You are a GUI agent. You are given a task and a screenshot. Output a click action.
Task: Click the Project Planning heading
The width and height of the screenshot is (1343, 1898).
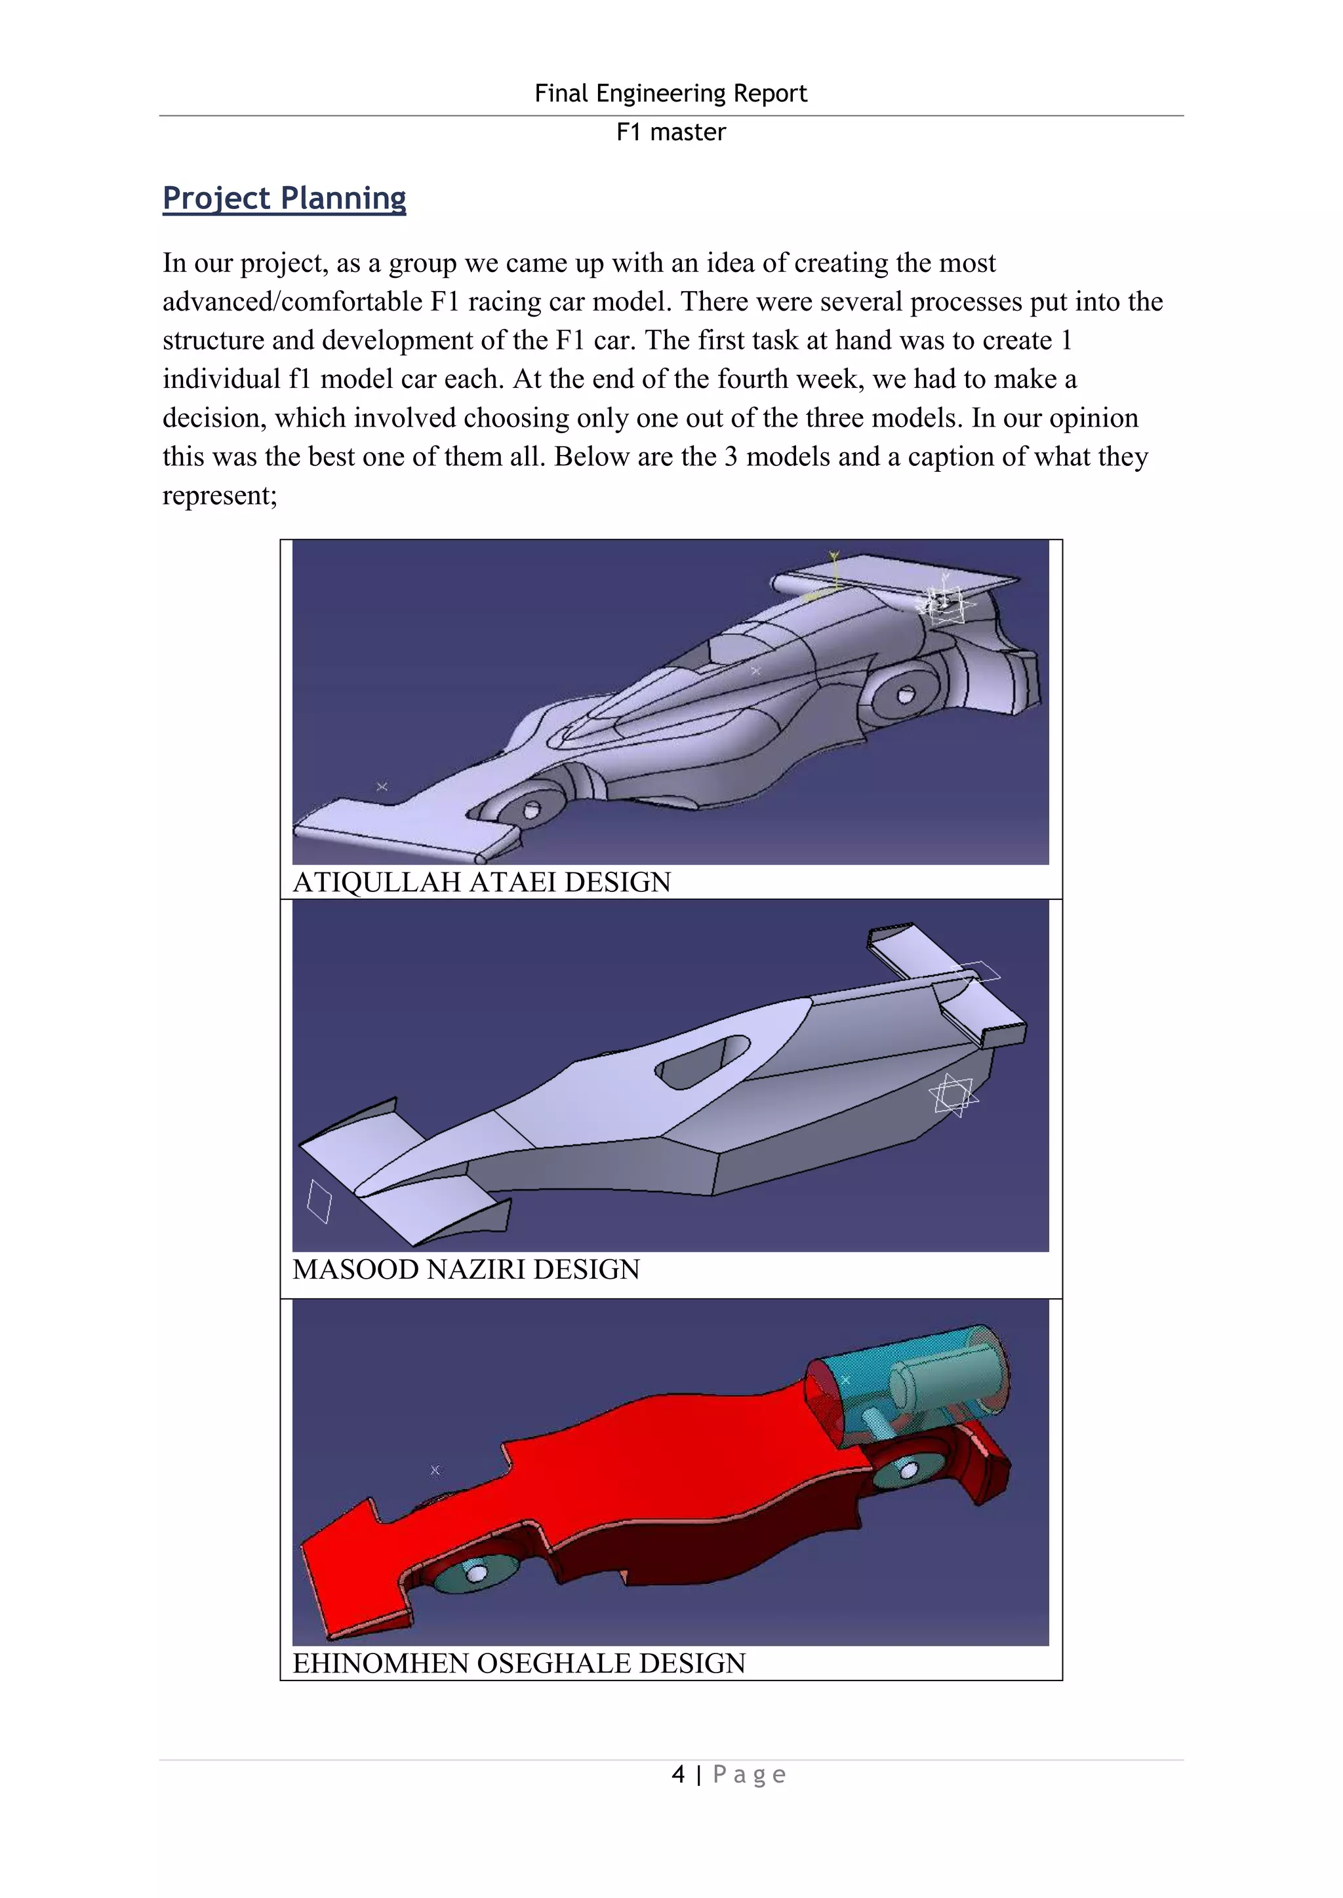(x=284, y=199)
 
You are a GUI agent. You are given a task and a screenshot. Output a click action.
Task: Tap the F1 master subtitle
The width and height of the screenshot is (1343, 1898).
(x=671, y=132)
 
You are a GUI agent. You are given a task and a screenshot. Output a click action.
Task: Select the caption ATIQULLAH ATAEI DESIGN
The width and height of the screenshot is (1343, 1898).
(x=481, y=882)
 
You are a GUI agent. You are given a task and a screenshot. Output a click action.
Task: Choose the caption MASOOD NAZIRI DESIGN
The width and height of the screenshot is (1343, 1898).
(x=466, y=1269)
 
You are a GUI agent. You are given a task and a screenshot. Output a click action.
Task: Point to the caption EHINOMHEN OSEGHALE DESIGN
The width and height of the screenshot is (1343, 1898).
(x=519, y=1663)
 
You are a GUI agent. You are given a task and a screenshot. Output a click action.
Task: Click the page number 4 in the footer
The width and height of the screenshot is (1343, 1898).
(x=678, y=1774)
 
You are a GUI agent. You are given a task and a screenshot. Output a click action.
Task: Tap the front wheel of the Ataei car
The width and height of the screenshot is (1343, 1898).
(x=526, y=809)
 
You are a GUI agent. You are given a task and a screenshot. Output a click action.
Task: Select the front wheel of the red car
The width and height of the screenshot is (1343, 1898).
(x=475, y=1573)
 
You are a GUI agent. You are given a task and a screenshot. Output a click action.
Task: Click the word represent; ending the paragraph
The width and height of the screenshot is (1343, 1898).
(x=219, y=495)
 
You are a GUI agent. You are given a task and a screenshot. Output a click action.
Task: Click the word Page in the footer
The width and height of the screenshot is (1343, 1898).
(x=750, y=1774)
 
